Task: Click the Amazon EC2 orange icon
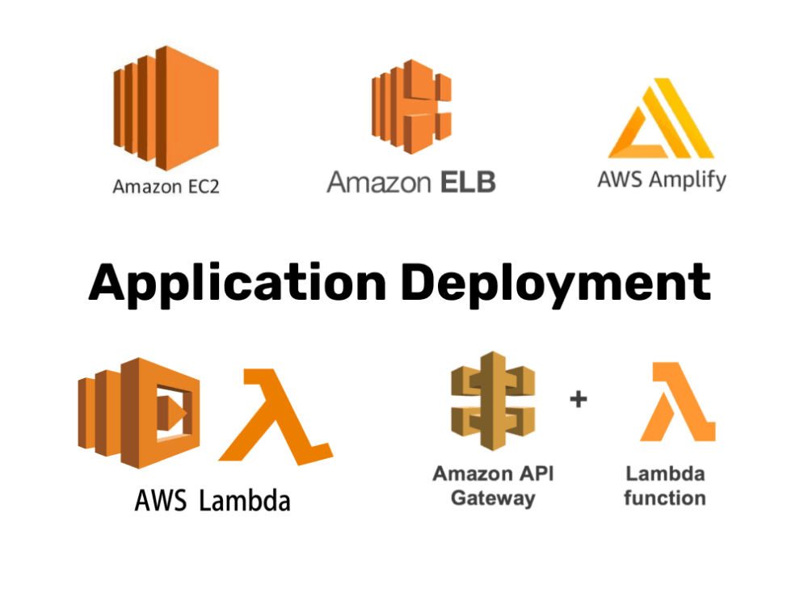click(166, 107)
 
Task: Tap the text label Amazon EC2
click(166, 187)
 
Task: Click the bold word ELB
click(468, 182)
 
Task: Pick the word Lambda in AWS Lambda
click(244, 500)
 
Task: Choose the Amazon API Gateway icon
click(493, 401)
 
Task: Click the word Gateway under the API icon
click(493, 498)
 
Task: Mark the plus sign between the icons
click(579, 399)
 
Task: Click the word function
click(664, 498)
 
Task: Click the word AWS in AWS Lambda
click(161, 500)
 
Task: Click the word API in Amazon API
click(537, 473)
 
